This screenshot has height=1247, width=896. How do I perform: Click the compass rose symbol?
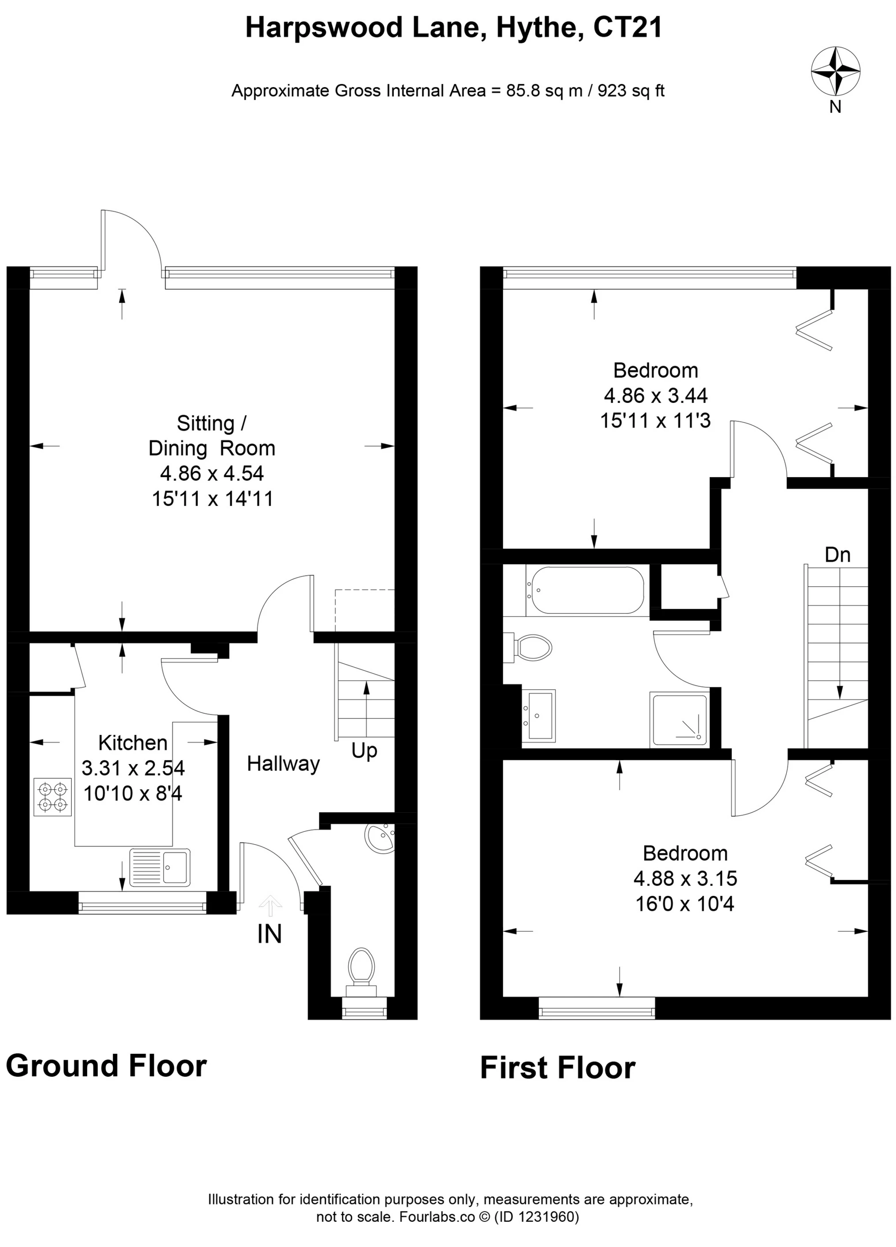(x=835, y=71)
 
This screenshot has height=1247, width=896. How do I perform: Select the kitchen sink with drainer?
(x=160, y=868)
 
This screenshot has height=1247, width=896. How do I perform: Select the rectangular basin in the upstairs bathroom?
(x=539, y=715)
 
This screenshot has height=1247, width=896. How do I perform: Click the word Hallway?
(x=283, y=764)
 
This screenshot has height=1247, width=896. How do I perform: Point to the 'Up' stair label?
(x=364, y=750)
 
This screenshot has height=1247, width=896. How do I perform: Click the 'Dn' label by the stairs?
(x=837, y=555)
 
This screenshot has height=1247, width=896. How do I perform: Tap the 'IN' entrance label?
(x=269, y=934)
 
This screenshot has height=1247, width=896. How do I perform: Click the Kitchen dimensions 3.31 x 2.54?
(x=133, y=768)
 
